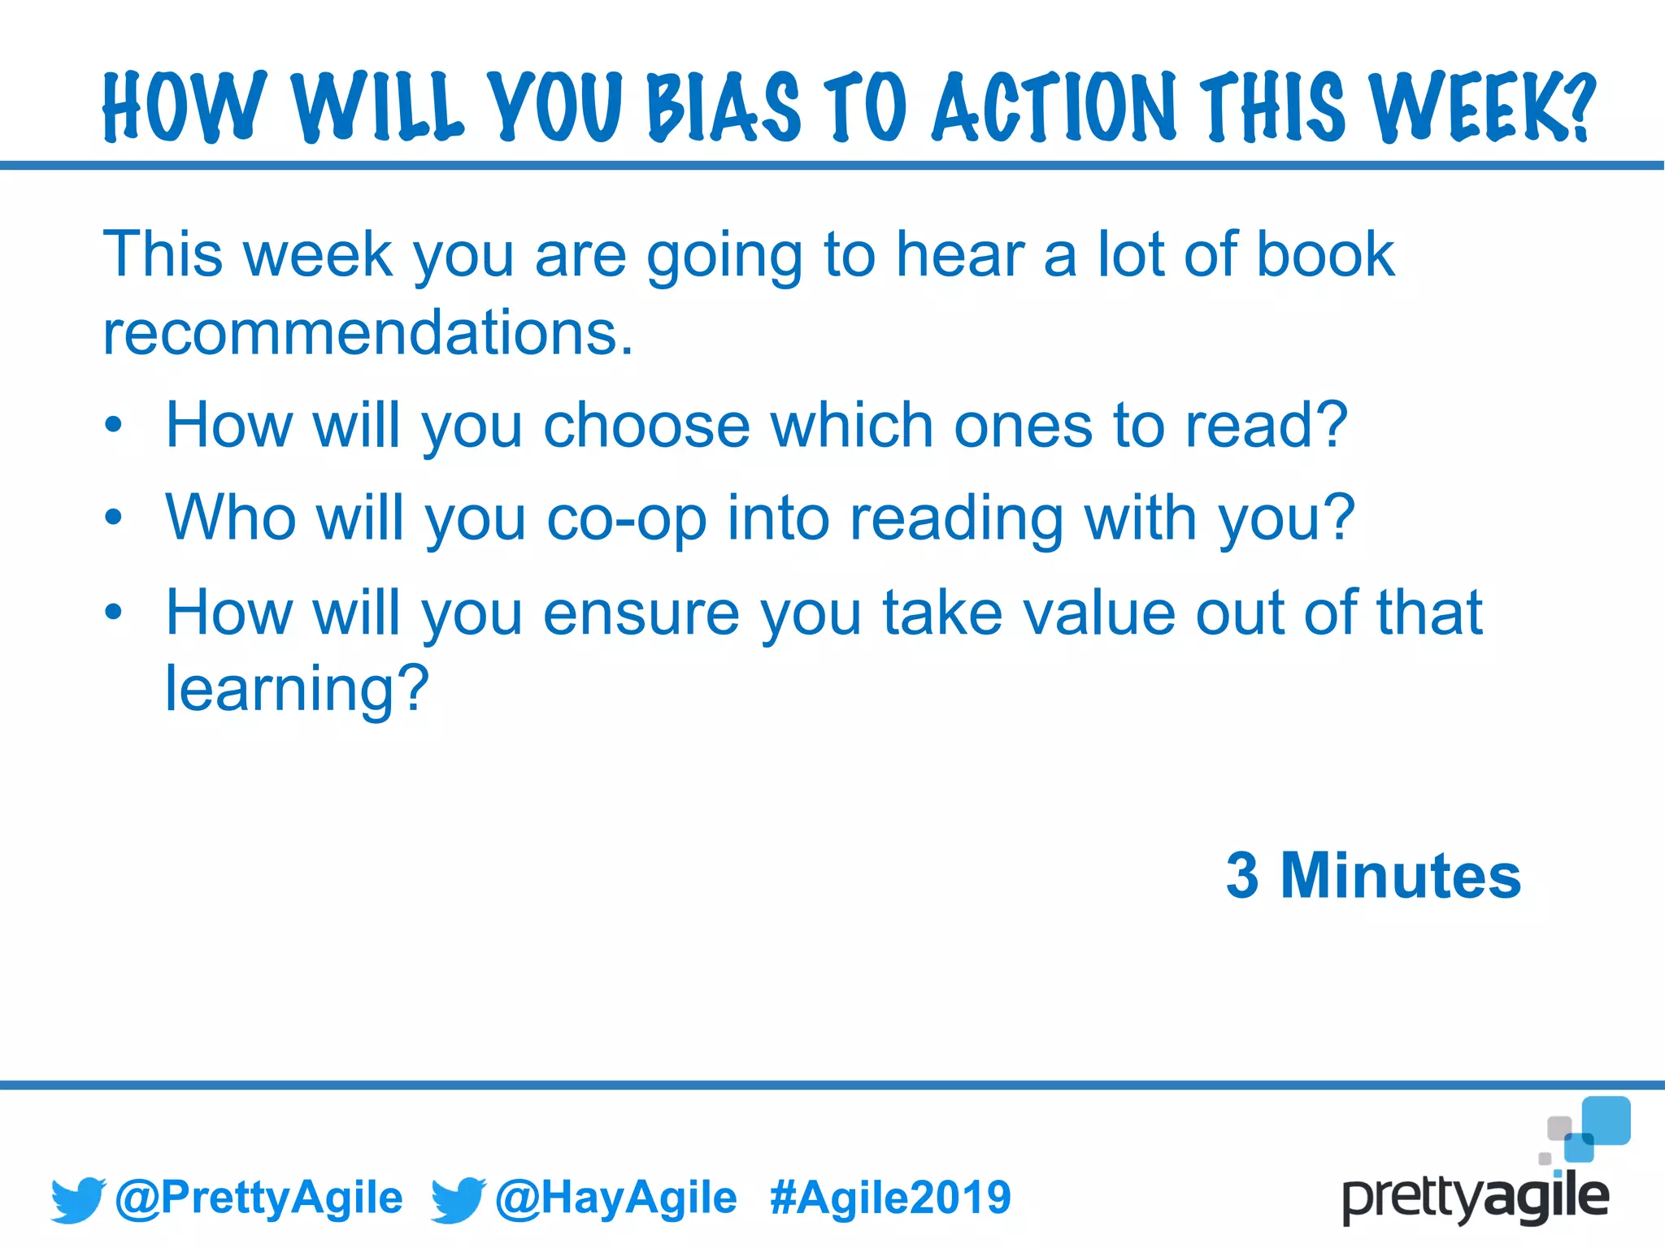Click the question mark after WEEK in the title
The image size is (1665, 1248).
tap(1580, 106)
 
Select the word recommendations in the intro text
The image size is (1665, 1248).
tap(367, 333)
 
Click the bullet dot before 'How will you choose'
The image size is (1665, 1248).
tap(114, 425)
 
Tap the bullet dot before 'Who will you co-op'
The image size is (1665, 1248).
tap(114, 518)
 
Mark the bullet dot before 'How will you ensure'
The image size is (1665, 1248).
tap(114, 612)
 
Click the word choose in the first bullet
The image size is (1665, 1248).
tap(646, 425)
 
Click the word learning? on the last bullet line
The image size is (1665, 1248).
tap(297, 689)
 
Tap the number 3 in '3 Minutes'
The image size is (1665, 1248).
tap(1242, 876)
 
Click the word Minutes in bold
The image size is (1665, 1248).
tap(1400, 876)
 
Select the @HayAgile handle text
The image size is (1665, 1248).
tap(615, 1198)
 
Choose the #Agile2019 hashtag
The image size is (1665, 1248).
tap(890, 1198)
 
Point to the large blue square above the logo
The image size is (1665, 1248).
tap(1606, 1120)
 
